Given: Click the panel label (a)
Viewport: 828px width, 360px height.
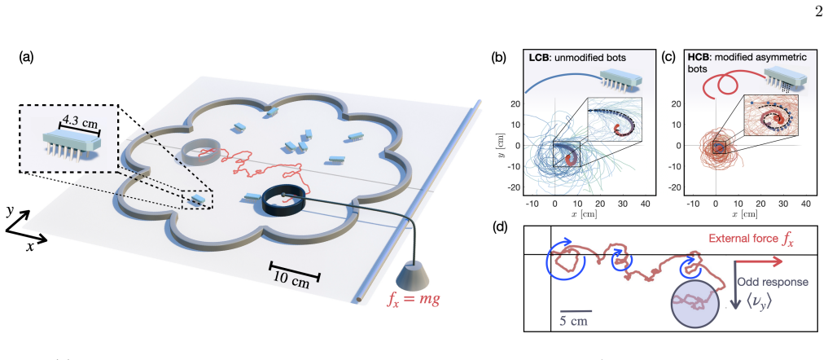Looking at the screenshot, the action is (x=27, y=57).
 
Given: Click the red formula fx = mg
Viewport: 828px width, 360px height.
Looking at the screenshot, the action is (x=414, y=301).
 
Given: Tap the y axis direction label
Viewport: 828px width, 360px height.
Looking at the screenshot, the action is (x=11, y=211).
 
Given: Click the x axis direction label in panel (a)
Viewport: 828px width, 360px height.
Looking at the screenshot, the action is (x=29, y=247).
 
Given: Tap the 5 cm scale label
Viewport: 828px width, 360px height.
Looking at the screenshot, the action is (x=574, y=320).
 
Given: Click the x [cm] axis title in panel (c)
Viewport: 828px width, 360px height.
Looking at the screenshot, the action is (x=734, y=214).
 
